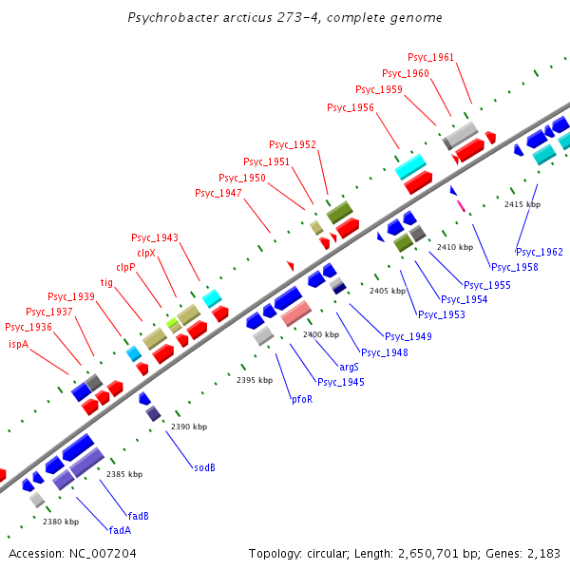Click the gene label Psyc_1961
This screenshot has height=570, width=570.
point(430,57)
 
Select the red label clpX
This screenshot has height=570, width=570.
point(146,253)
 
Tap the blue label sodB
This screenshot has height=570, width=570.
point(204,467)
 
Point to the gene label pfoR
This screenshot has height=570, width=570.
point(301,399)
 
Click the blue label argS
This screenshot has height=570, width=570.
point(349,366)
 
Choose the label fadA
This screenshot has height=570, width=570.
point(120,530)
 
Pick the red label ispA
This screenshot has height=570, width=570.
point(19,344)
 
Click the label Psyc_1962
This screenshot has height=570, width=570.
point(539,252)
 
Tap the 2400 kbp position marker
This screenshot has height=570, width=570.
point(320,334)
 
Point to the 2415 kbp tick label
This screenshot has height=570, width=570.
point(522,204)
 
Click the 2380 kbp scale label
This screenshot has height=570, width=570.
point(61,521)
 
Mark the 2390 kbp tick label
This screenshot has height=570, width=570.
point(188,427)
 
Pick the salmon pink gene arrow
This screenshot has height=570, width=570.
point(295,313)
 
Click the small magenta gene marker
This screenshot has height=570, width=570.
point(461,204)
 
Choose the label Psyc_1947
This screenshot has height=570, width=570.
point(218,194)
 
